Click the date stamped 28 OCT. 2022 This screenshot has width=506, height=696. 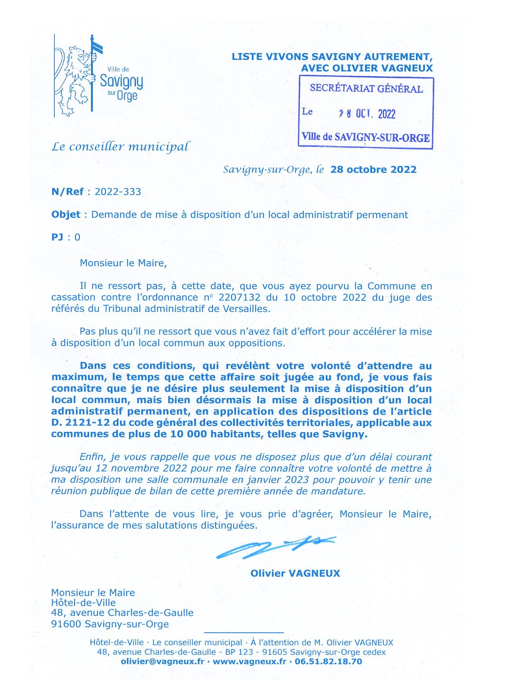point(367,114)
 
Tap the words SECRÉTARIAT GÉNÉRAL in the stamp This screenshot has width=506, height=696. point(366,88)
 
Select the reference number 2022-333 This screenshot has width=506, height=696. point(118,192)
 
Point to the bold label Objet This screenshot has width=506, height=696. point(66,215)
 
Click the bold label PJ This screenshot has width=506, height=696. point(57,237)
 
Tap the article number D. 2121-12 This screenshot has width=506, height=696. point(78,423)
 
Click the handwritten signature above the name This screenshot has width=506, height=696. point(274,548)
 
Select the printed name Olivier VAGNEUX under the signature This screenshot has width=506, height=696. point(295,573)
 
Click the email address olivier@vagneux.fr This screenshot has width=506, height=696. point(162,661)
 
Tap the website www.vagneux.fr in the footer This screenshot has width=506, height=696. point(249,661)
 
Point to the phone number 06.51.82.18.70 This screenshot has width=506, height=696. point(328,661)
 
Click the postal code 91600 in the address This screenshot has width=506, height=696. point(66,624)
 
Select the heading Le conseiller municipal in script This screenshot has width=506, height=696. point(120,147)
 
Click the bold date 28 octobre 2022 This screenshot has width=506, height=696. point(373,169)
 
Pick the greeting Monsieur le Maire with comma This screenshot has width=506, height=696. point(123,263)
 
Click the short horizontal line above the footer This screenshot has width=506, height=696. point(244,633)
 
